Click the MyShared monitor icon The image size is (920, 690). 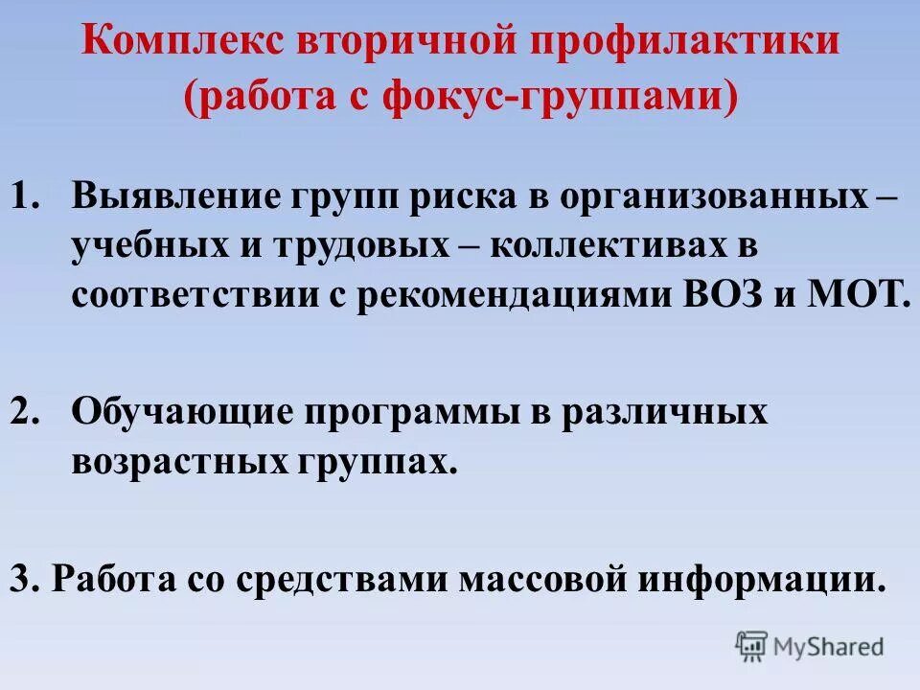tap(752, 644)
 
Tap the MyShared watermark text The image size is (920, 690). tap(831, 646)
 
